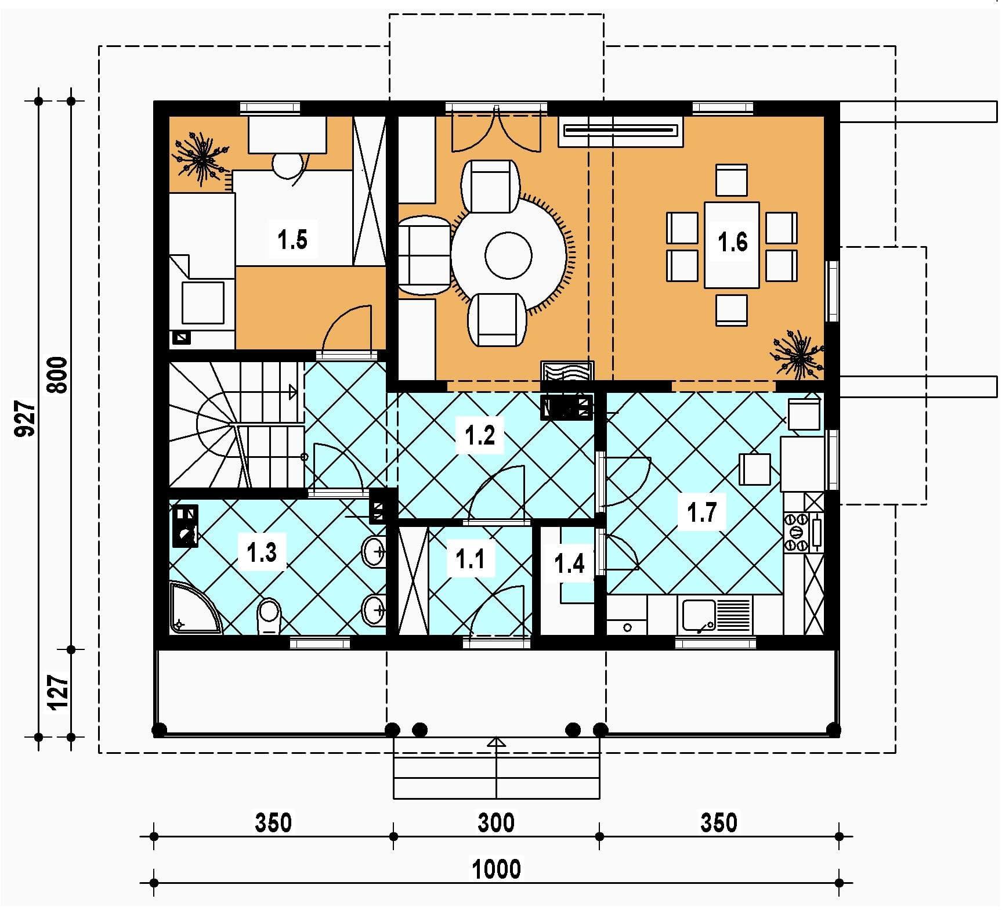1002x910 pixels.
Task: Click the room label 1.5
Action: pyautogui.click(x=292, y=239)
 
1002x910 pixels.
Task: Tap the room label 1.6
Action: pyautogui.click(x=733, y=241)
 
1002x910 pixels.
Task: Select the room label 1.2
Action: pyautogui.click(x=480, y=435)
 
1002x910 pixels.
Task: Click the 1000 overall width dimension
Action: pyautogui.click(x=497, y=869)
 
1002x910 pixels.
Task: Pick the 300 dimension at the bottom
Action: pyautogui.click(x=496, y=822)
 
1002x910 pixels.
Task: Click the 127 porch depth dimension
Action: pyautogui.click(x=59, y=692)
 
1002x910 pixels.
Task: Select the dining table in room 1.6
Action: pyautogui.click(x=732, y=245)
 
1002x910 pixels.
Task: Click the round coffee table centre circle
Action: pyautogui.click(x=508, y=255)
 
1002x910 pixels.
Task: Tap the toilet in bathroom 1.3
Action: pyautogui.click(x=268, y=616)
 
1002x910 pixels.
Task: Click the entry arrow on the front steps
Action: pyautogui.click(x=497, y=742)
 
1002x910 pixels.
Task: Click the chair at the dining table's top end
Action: pyautogui.click(x=731, y=180)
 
